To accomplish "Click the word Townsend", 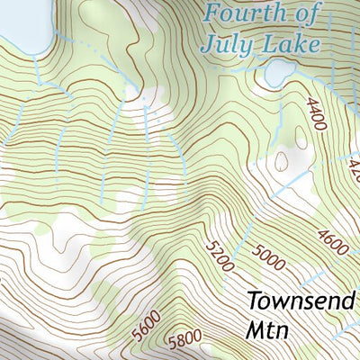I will (x=301, y=300).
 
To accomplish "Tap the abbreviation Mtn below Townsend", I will (x=266, y=329).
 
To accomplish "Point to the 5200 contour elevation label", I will (x=220, y=256).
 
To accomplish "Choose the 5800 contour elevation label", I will (x=184, y=340).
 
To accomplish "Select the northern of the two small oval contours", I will (x=281, y=160).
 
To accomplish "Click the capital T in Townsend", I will (x=253, y=300).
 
